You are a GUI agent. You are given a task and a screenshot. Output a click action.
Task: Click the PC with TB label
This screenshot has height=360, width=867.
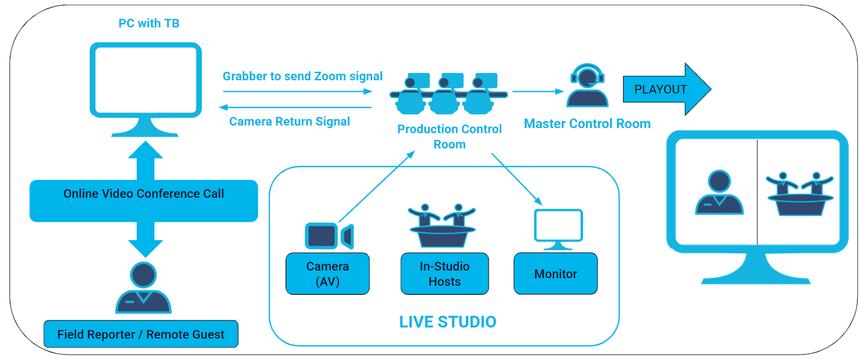coord(148,23)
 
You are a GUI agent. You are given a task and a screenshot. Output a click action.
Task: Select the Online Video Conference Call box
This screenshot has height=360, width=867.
coord(144,200)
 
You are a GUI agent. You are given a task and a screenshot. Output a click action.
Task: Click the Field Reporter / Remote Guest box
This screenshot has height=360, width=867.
coord(141,334)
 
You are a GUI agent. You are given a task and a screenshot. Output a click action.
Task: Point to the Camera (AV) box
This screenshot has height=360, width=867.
coord(327,274)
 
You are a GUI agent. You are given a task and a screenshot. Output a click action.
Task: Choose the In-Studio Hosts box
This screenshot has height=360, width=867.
coord(444,274)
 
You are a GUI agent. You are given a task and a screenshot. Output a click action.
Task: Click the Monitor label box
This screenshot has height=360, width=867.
coord(555,274)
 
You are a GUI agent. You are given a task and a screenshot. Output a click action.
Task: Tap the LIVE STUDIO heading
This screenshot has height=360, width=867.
coord(448,322)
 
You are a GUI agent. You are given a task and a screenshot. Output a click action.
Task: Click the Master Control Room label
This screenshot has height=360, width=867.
coord(587,124)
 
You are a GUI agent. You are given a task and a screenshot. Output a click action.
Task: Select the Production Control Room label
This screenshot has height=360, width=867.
coord(449,137)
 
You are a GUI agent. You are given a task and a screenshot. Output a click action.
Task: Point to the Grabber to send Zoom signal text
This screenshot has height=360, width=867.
coord(302,76)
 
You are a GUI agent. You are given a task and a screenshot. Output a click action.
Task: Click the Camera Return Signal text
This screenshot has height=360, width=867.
coord(289,121)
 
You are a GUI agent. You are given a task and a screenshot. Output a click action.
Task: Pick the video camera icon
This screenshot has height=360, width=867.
coord(328,236)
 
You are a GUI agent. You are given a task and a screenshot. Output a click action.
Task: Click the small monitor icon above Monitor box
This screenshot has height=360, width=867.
coord(558,228)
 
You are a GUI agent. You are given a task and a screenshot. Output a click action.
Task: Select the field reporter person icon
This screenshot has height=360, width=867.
coord(144,288)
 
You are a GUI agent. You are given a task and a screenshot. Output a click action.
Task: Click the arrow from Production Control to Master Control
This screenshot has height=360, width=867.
coord(538,92)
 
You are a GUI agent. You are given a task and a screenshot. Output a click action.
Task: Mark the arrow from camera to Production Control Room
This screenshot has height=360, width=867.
coord(377,187)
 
